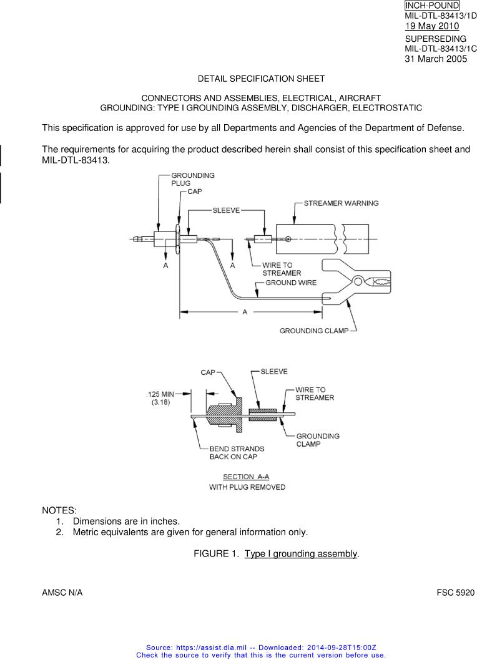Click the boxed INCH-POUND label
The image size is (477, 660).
click(431, 6)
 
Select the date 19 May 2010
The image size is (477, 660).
click(431, 26)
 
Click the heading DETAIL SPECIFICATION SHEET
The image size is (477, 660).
click(261, 79)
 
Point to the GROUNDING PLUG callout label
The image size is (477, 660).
click(193, 180)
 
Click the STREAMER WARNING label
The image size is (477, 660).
click(341, 203)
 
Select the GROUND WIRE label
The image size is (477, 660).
click(291, 283)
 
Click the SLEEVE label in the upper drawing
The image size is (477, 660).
click(226, 211)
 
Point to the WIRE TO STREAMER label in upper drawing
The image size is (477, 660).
click(281, 269)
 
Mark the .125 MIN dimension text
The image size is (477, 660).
click(160, 394)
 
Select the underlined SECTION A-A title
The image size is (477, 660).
click(247, 477)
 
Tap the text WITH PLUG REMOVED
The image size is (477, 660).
click(247, 487)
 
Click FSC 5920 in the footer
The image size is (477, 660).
click(455, 592)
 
